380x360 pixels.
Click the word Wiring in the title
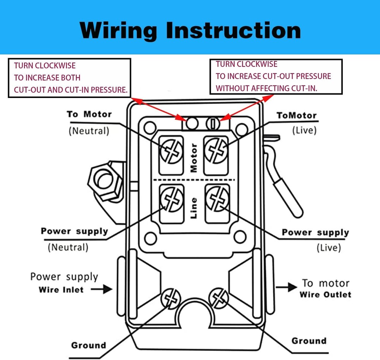pyautogui.click(x=118, y=30)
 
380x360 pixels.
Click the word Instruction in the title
pyautogui.click(x=233, y=30)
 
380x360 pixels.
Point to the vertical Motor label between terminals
pyautogui.click(x=194, y=158)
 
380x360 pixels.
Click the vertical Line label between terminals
pyautogui.click(x=194, y=207)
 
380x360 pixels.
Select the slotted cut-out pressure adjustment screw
pyautogui.click(x=213, y=123)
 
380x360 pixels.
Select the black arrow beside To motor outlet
pyautogui.click(x=285, y=287)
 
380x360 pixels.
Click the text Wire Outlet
pyautogui.click(x=325, y=294)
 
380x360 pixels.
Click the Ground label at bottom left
pyautogui.click(x=88, y=345)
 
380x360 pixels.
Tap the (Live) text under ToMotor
pyautogui.click(x=304, y=130)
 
